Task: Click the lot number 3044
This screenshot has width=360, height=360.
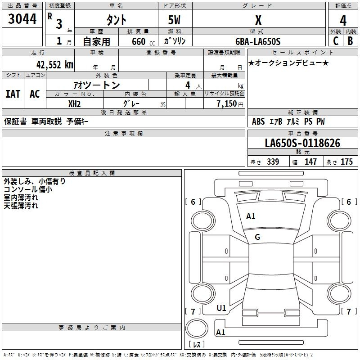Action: click(x=22, y=19)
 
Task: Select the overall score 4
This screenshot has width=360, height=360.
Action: click(x=343, y=21)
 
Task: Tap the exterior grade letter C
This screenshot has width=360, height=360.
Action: click(x=336, y=41)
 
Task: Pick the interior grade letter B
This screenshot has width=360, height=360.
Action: click(x=350, y=41)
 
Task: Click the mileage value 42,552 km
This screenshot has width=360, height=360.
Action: click(x=54, y=65)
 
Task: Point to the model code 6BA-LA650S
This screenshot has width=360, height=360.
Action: click(x=258, y=41)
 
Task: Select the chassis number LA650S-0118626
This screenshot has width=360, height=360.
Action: click(x=302, y=143)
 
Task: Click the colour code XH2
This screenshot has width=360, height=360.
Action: click(x=74, y=104)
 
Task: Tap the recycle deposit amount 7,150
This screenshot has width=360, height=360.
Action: click(x=226, y=103)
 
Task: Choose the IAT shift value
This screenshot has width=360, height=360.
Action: click(x=13, y=94)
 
